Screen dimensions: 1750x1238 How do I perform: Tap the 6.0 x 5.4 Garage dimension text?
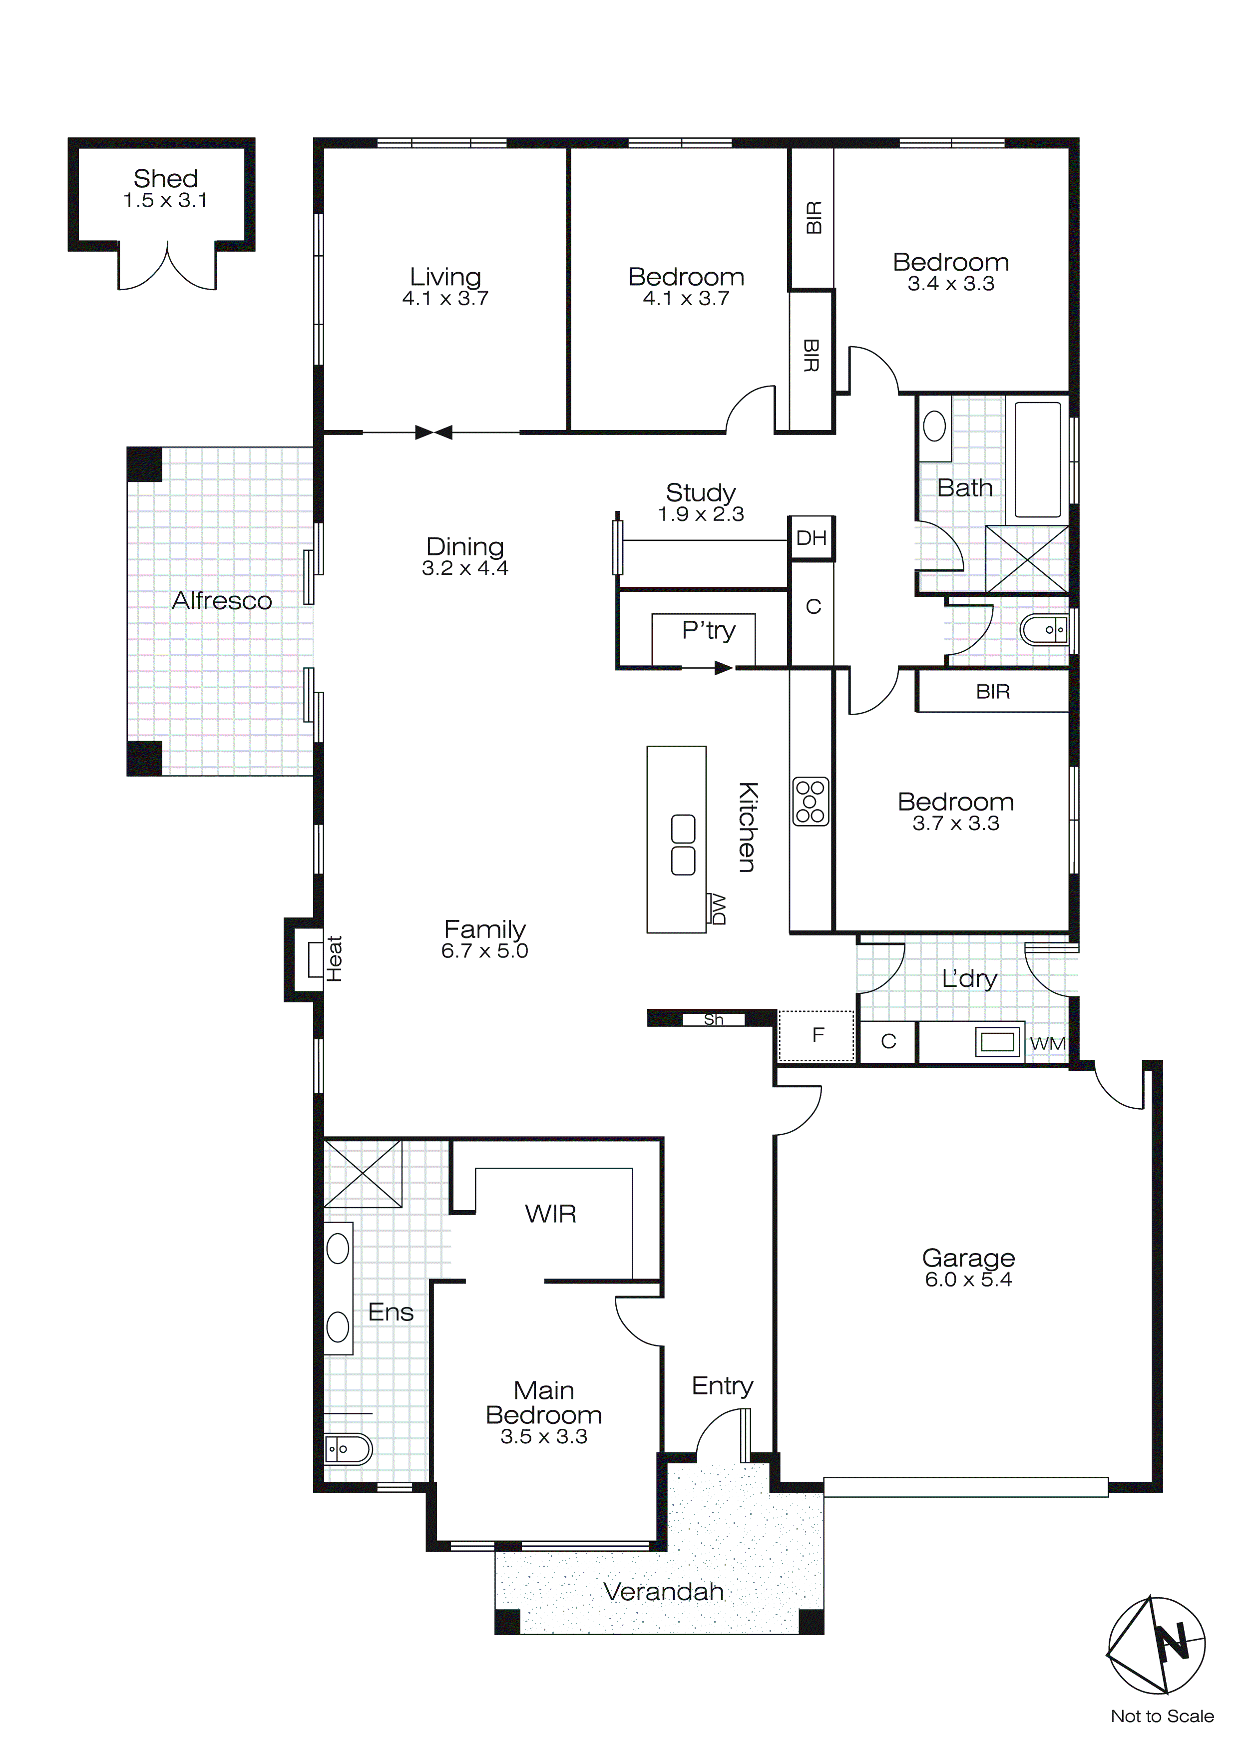coord(968,1280)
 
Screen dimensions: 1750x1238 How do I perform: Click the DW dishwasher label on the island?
coord(717,909)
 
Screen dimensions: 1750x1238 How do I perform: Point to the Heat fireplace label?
coord(334,959)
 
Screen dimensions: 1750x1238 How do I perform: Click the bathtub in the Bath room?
coord(1037,459)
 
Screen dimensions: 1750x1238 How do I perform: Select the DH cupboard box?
coord(811,538)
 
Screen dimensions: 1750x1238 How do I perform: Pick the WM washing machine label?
coord(1047,1043)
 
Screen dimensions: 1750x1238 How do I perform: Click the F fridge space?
coord(817,1035)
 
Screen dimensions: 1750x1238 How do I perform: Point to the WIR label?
coord(550,1214)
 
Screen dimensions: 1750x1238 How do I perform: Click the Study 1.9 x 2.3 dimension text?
coord(701,514)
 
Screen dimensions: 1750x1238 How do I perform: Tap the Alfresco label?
coord(222,601)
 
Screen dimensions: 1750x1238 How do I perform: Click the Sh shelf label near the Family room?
coord(714,1019)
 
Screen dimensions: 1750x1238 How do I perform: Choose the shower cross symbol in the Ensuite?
coord(363,1174)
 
